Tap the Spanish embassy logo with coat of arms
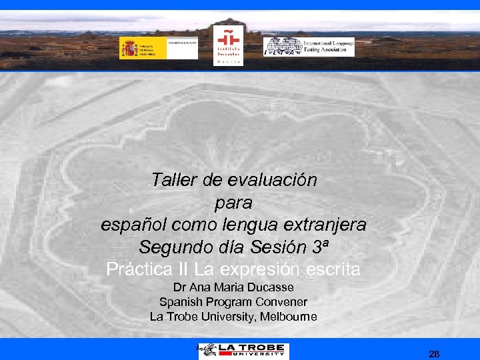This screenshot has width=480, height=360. [159, 48]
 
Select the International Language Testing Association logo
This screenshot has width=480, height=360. [309, 47]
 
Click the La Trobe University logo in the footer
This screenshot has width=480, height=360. [243, 350]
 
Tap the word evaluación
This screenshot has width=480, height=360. [273, 180]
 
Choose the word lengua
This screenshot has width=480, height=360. [251, 225]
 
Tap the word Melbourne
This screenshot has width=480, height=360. [287, 317]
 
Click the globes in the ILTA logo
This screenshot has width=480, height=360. [283, 47]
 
